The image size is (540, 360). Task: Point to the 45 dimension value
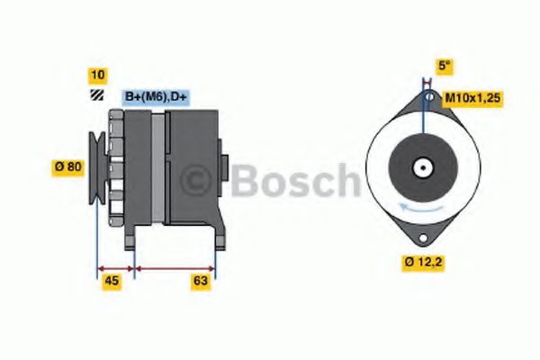[x=112, y=281]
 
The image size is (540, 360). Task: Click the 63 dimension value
[x=201, y=281]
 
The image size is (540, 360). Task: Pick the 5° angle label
[x=444, y=66]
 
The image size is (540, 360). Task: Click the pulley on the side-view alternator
[x=95, y=165]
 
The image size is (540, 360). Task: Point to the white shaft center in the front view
[x=421, y=166]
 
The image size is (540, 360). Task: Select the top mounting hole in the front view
[x=430, y=96]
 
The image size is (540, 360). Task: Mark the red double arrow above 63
[x=175, y=267]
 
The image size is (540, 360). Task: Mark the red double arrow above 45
[x=114, y=267]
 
